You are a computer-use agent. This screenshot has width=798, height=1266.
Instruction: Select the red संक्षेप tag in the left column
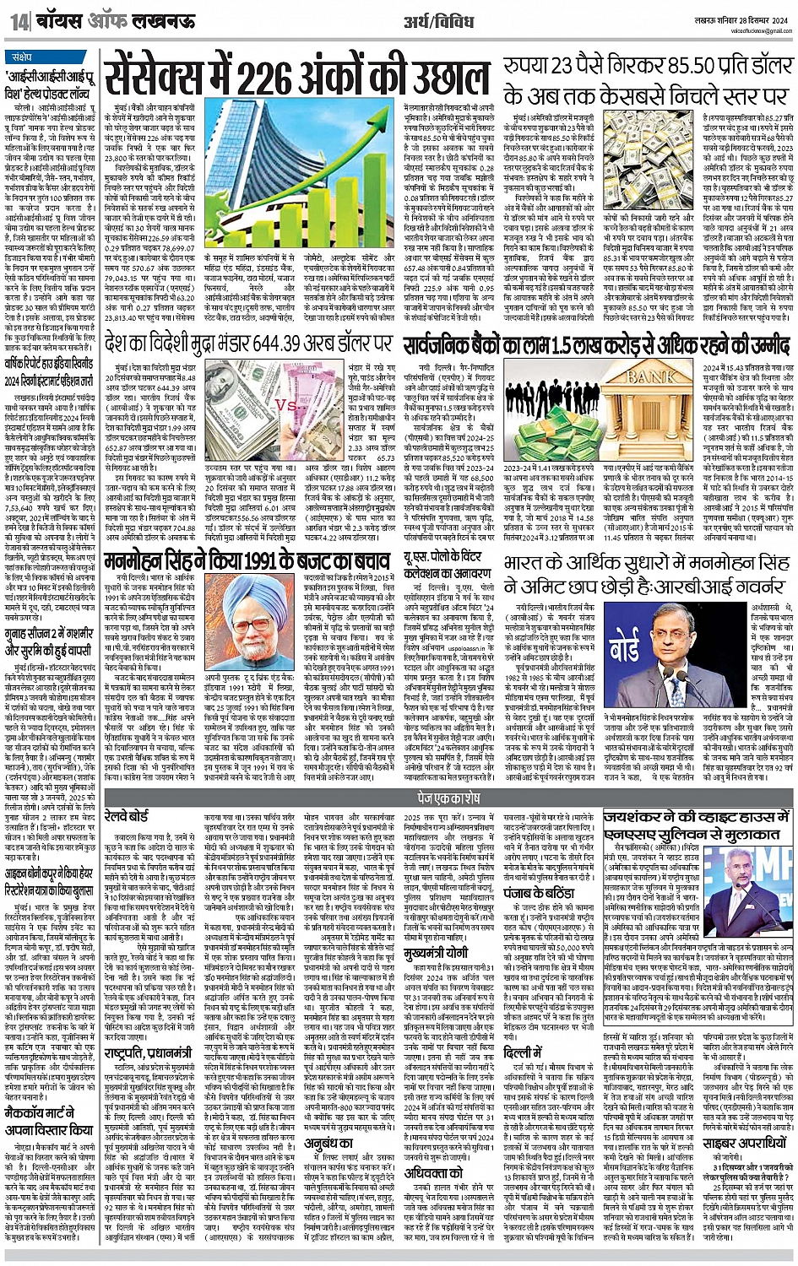coord(28,57)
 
